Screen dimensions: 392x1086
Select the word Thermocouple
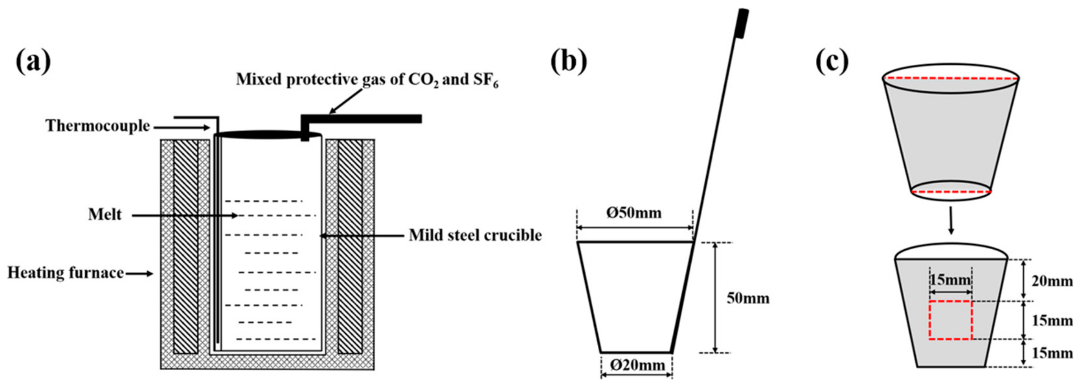(98, 126)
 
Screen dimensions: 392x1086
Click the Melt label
(105, 215)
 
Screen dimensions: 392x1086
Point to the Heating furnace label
(65, 273)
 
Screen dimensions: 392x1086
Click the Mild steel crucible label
(475, 235)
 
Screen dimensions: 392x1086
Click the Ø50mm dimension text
(634, 213)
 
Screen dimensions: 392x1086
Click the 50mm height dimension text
(748, 298)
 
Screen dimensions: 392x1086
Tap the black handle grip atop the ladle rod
(742, 23)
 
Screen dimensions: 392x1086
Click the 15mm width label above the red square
(950, 280)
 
